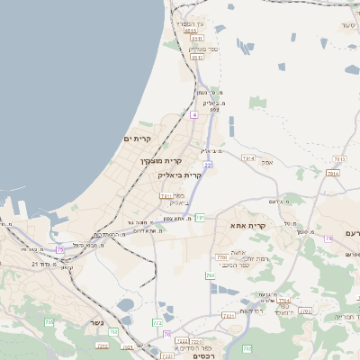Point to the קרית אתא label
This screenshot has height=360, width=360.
click(x=249, y=225)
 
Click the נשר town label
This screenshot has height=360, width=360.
click(x=97, y=322)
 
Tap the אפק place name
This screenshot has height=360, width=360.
click(x=267, y=162)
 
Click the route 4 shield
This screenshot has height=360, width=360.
click(x=193, y=115)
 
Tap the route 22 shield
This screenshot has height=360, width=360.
click(x=208, y=165)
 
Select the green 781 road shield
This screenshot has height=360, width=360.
click(x=200, y=218)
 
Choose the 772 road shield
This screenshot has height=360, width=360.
click(x=158, y=322)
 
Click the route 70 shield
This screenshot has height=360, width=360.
click(x=166, y=334)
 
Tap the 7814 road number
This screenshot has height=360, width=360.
click(x=334, y=173)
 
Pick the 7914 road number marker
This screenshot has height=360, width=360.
click(x=248, y=158)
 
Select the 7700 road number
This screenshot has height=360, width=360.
click(x=222, y=257)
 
